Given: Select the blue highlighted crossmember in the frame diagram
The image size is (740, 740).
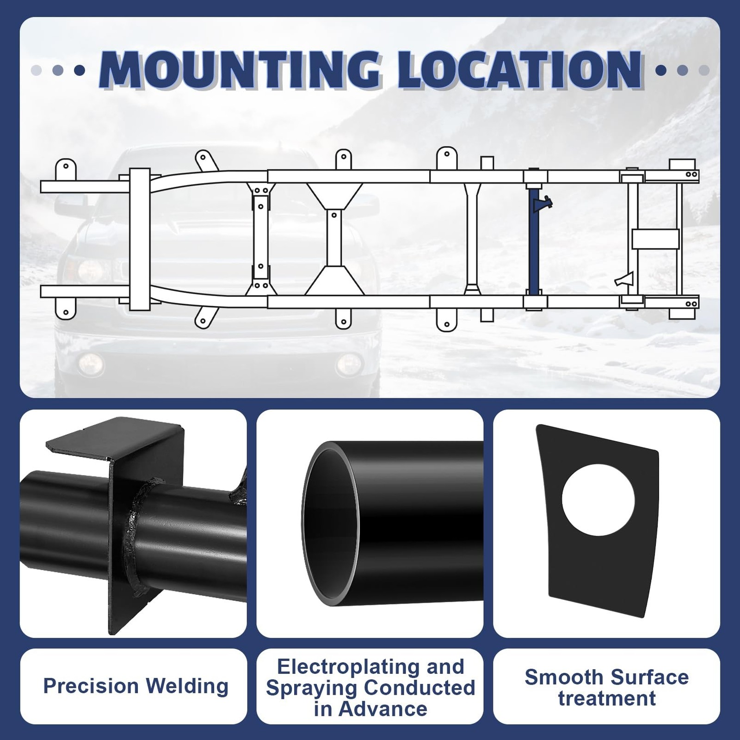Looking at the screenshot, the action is tap(535, 240).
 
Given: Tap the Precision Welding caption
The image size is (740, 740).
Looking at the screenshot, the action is tap(136, 686).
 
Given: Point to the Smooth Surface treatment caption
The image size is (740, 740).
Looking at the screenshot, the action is tap(607, 688).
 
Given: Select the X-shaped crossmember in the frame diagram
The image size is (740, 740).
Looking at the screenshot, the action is tap(333, 239).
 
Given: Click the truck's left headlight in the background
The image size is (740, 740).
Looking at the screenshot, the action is tap(88, 271).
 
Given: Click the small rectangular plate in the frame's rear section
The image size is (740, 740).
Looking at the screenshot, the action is tap(655, 239).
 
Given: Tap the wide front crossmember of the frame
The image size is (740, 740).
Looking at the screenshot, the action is tap(139, 239).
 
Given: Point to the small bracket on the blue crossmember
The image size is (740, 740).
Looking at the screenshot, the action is tap(543, 203).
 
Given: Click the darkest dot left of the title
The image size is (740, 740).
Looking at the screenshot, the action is tap(80, 70).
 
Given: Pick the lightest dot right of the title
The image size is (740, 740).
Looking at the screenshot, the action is tap(704, 70).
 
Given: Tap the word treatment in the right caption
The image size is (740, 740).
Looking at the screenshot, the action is tap(607, 698).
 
